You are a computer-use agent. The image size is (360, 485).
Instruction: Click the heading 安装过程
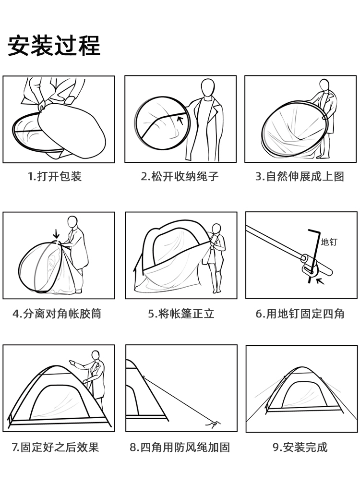54,45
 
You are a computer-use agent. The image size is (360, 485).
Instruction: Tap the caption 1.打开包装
54,176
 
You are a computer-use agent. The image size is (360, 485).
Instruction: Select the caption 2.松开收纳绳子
180,176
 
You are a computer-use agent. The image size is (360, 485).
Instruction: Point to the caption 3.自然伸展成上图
300,176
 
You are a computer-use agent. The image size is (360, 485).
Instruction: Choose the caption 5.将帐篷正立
181,314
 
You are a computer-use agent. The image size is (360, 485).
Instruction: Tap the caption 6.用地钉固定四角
300,314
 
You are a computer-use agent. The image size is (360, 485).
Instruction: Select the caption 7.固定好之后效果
55,448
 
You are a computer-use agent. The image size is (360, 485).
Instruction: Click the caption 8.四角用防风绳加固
180,448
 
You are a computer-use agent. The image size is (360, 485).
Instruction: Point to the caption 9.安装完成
300,448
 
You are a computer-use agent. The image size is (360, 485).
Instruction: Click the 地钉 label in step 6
329,242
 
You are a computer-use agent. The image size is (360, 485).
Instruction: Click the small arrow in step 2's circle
180,120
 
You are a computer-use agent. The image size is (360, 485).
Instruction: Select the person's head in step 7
96,356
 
